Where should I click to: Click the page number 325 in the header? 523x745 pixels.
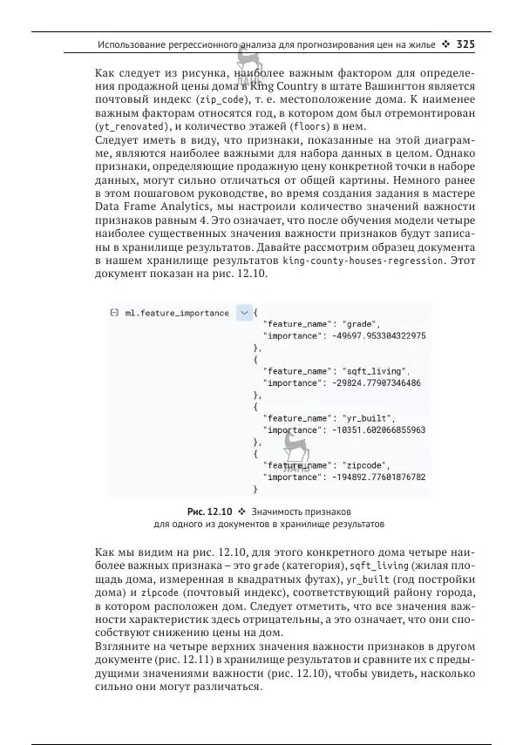point(465,43)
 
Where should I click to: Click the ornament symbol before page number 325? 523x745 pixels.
point(445,43)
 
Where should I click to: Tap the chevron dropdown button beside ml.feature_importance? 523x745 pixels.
point(243,312)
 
